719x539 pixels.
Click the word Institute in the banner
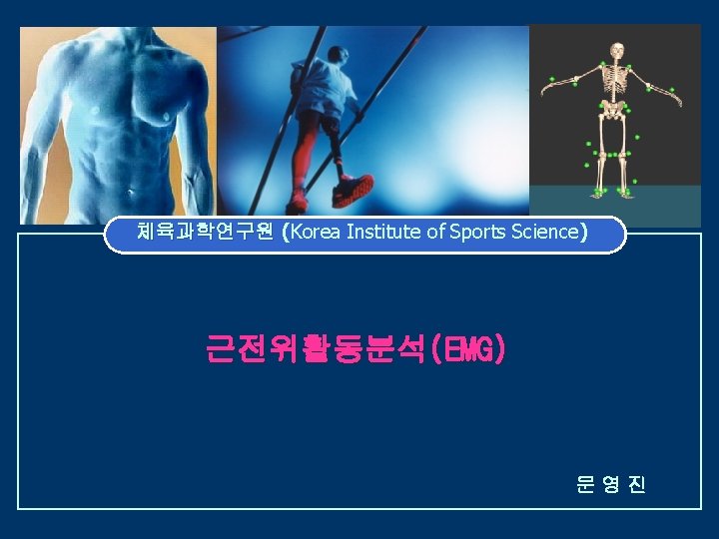pyautogui.click(x=384, y=234)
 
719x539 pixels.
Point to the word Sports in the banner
pyautogui.click(x=477, y=234)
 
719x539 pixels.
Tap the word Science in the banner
pyautogui.click(x=544, y=234)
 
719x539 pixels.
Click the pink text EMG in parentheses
pyautogui.click(x=468, y=350)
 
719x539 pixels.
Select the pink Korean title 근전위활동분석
pyautogui.click(x=314, y=350)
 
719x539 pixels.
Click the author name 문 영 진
pyautogui.click(x=611, y=485)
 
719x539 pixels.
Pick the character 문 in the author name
pyautogui.click(x=585, y=485)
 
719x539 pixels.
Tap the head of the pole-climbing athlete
pyautogui.click(x=335, y=57)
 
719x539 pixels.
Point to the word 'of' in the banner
pyautogui.click(x=435, y=234)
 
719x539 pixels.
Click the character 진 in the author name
pyautogui.click(x=637, y=485)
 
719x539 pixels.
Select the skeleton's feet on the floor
pyautogui.click(x=611, y=190)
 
